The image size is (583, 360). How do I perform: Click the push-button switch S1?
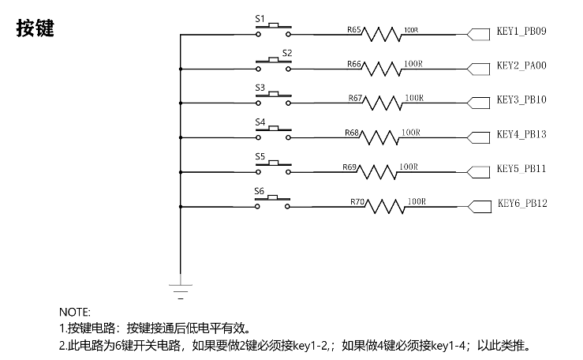(x=273, y=30)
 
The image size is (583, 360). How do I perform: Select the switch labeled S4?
(x=273, y=133)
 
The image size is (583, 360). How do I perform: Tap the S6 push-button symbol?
(x=272, y=202)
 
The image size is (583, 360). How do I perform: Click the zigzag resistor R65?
(x=382, y=34)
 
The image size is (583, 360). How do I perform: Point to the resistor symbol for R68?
(x=379, y=137)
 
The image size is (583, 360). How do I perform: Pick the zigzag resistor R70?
(x=385, y=206)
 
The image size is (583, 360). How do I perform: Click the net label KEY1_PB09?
(x=521, y=31)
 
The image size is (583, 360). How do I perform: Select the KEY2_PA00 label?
(x=521, y=66)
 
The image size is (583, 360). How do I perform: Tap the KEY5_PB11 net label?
(x=521, y=168)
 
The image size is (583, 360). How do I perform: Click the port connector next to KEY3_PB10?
(x=478, y=103)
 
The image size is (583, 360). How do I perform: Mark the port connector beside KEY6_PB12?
(x=480, y=207)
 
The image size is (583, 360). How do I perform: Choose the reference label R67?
(x=355, y=98)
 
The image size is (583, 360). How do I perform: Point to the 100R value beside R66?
(x=413, y=64)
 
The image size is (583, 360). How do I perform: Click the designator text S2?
(x=287, y=53)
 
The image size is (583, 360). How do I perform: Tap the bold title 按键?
(x=35, y=28)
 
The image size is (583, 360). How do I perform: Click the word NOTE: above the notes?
(x=75, y=312)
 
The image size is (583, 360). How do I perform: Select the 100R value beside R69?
(x=409, y=167)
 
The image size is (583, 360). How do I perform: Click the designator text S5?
(x=260, y=156)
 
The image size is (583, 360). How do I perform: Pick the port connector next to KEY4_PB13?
(x=478, y=137)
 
